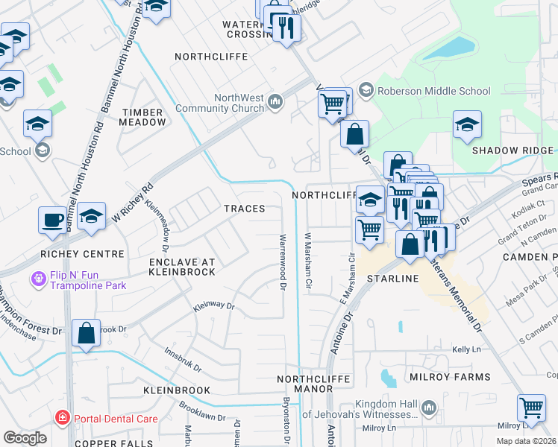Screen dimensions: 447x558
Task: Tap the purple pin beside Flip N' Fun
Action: (x=37, y=279)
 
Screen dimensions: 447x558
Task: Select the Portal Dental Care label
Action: (x=115, y=419)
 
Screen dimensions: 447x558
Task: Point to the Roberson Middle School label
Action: (x=423, y=91)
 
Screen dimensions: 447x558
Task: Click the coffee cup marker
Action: (x=52, y=221)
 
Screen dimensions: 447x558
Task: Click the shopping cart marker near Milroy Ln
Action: (x=531, y=408)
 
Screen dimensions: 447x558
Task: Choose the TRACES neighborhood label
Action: (x=245, y=209)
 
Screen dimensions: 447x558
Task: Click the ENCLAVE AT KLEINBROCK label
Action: (x=182, y=267)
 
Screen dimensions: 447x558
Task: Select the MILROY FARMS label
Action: (x=450, y=377)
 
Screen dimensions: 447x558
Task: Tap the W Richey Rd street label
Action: (x=132, y=203)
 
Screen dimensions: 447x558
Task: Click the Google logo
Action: (x=25, y=437)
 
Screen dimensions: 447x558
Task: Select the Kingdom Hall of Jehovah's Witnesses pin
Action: (x=429, y=408)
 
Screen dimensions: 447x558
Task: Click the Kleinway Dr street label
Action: (x=214, y=306)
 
